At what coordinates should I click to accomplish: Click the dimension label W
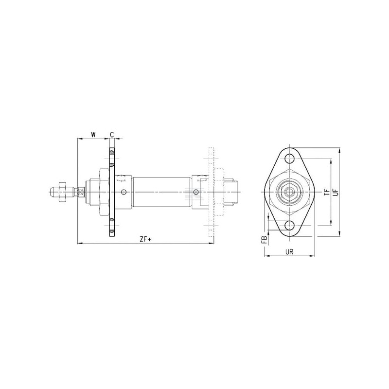(x=93, y=135)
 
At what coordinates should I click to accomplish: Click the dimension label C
(x=112, y=135)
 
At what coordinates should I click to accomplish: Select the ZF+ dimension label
(x=145, y=239)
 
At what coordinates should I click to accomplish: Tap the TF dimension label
(x=327, y=192)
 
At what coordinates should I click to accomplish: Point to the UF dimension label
(x=336, y=192)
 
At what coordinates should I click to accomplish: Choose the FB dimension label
(x=265, y=239)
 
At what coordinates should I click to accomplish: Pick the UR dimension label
(x=289, y=252)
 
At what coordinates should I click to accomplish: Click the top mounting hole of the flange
(x=289, y=159)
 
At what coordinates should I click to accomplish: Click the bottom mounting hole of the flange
(x=289, y=226)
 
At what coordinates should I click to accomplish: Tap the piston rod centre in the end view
(x=289, y=192)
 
